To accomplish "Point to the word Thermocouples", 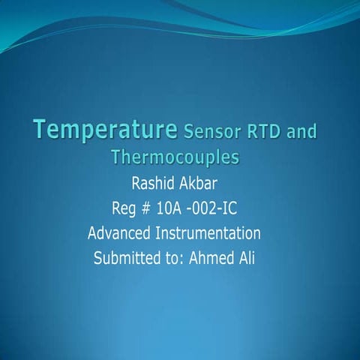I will point(174,157).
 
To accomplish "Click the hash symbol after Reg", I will point(148,207).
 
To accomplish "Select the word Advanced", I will point(118,232).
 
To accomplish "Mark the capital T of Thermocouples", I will point(115,157).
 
